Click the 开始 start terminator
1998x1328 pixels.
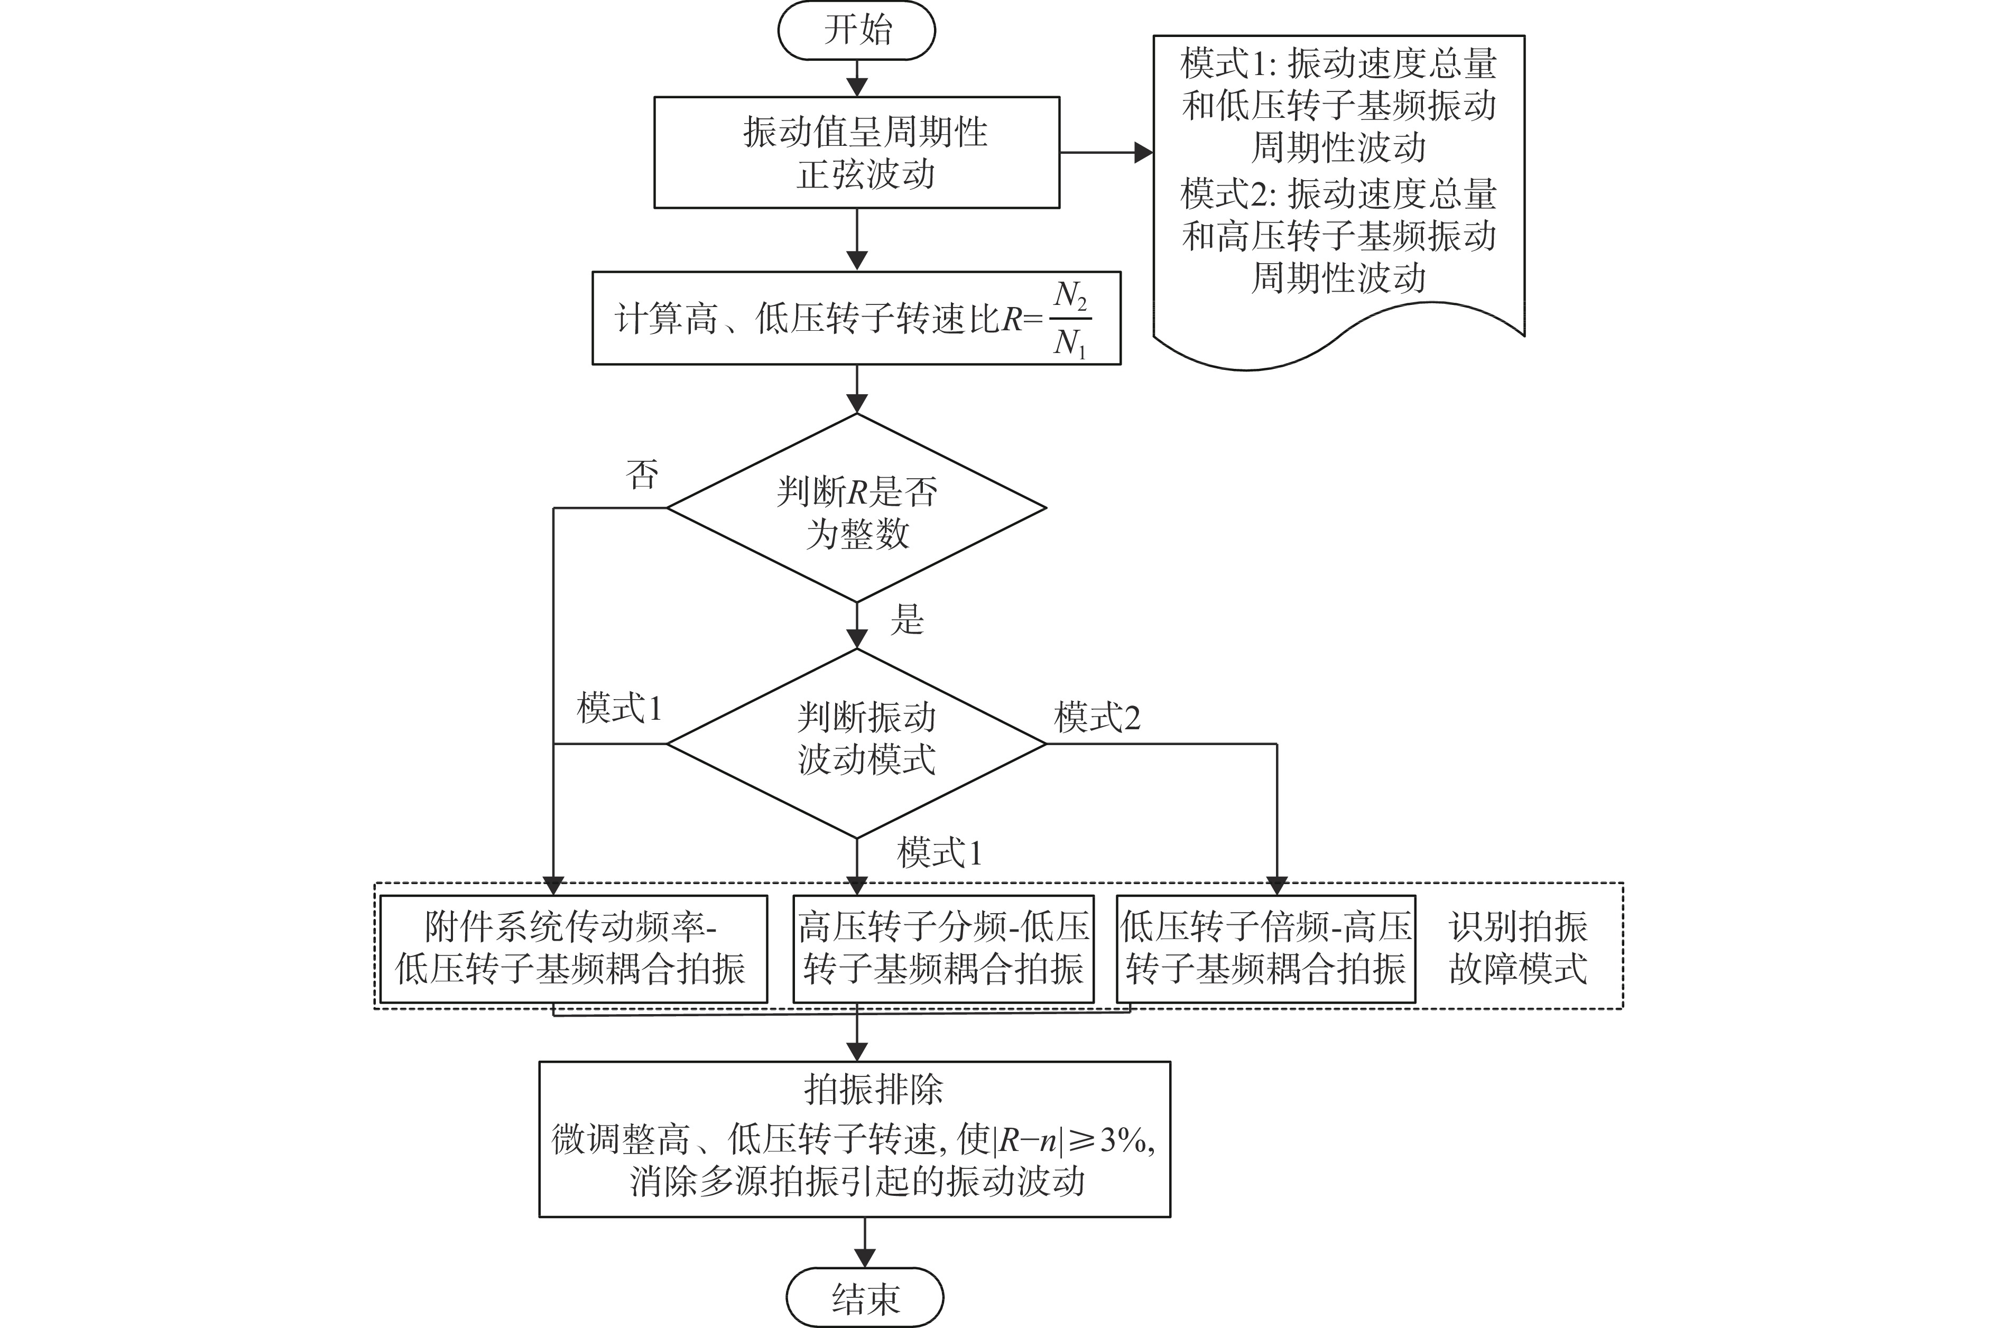[x=856, y=31]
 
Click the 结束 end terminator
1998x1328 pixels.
[x=864, y=1297]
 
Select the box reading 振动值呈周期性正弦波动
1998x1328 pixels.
[x=856, y=152]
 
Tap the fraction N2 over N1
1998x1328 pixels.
[x=1070, y=319]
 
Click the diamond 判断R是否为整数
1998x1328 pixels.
[x=856, y=508]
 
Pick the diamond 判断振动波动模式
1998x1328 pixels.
[x=856, y=744]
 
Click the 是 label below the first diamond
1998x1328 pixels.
[x=907, y=619]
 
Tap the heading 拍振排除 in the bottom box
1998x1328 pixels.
[x=873, y=1089]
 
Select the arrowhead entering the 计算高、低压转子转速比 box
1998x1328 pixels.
[x=857, y=261]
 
